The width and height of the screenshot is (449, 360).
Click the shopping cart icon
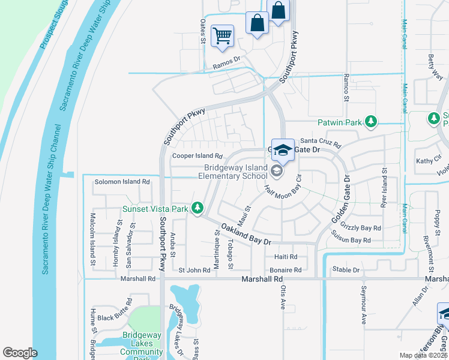[x=222, y=35]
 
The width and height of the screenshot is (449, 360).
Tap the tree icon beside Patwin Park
[x=372, y=122]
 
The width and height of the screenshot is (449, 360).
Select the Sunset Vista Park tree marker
[x=196, y=209]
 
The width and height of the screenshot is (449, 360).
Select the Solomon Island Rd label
[x=122, y=182]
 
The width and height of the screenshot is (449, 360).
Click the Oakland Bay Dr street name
[x=246, y=233]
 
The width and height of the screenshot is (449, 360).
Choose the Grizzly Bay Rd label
[x=361, y=228]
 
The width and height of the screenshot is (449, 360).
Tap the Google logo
[x=20, y=353]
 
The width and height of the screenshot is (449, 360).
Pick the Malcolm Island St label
[x=93, y=239]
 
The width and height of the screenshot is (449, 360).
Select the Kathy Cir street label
[x=424, y=161]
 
